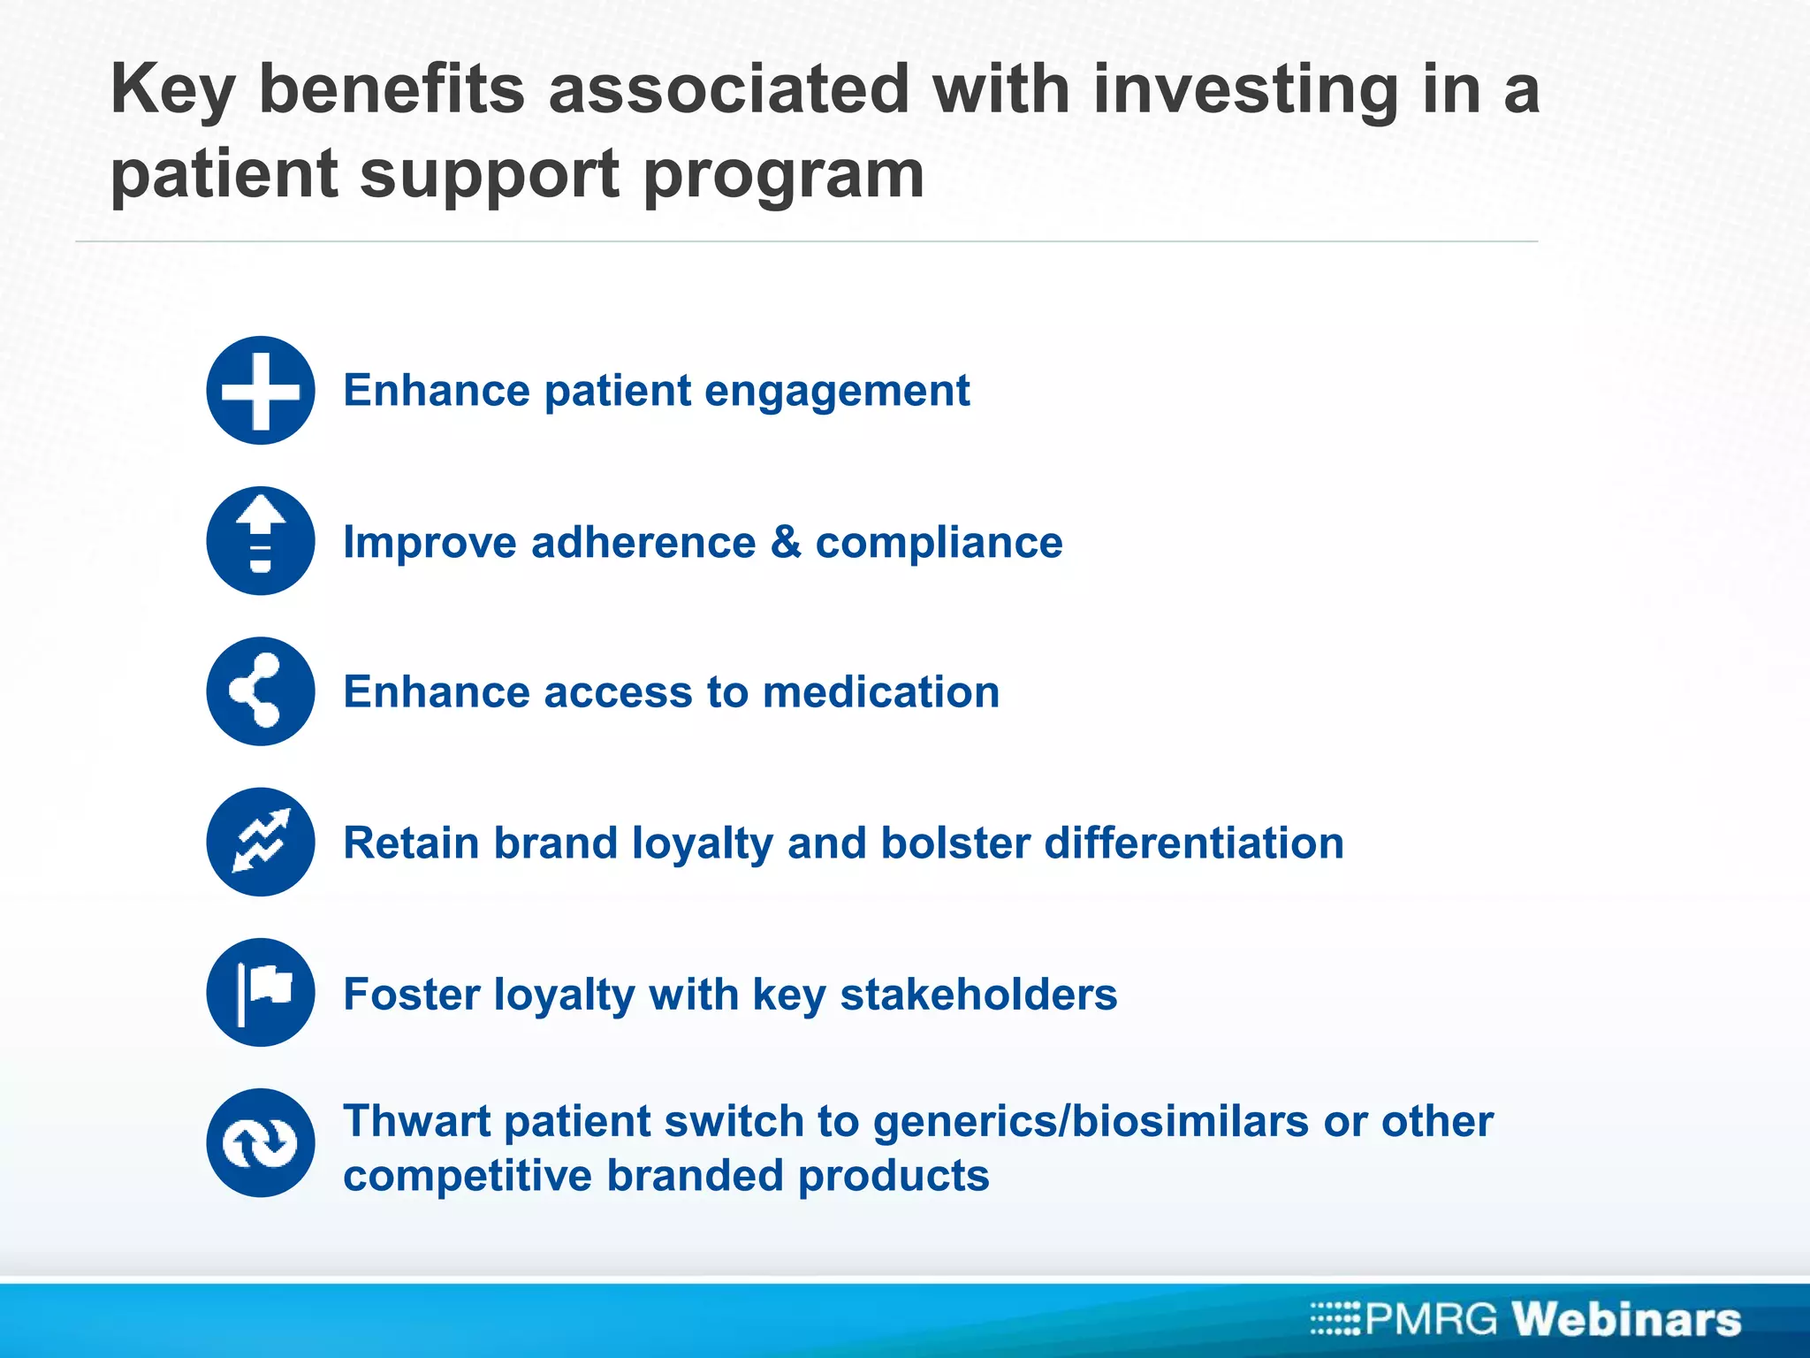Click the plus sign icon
tap(261, 390)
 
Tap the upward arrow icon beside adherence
tap(261, 540)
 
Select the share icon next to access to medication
tap(261, 691)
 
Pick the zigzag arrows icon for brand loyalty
tap(261, 842)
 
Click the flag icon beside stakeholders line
tap(261, 992)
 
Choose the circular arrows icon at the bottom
tap(261, 1143)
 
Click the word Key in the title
tap(173, 90)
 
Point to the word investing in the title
tap(1246, 90)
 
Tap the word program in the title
tap(783, 175)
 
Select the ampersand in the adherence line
tap(786, 542)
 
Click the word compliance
tap(939, 543)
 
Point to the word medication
tap(881, 692)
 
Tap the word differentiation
tap(1194, 843)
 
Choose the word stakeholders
tap(978, 994)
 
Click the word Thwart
tap(416, 1121)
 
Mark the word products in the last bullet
tap(894, 1176)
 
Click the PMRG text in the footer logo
tap(1432, 1319)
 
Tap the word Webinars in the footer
tap(1627, 1319)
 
